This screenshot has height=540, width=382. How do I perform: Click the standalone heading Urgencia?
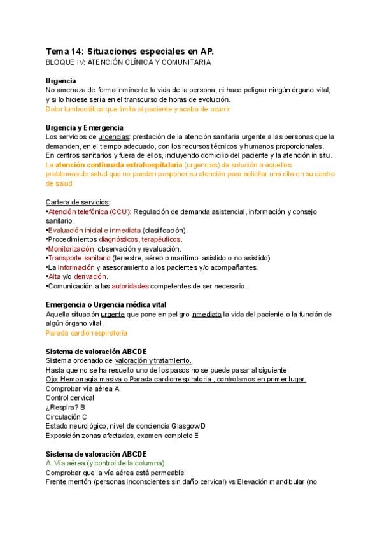point(61,81)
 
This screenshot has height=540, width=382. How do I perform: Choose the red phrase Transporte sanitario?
point(79,258)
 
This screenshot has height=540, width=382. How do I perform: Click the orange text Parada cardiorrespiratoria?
point(87,332)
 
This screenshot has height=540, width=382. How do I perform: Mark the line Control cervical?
point(70,398)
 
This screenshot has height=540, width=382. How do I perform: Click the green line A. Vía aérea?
point(106,463)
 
